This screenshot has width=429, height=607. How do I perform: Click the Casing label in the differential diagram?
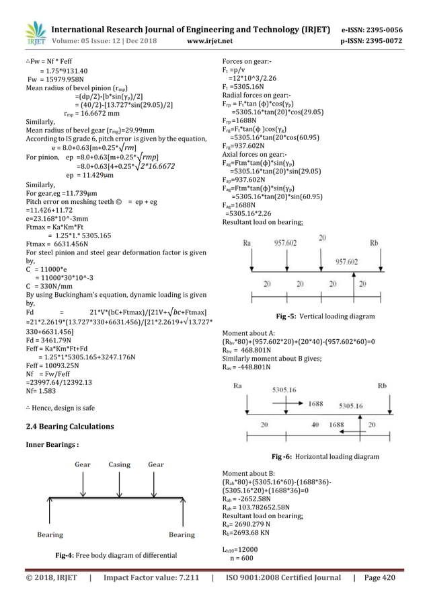click(x=119, y=464)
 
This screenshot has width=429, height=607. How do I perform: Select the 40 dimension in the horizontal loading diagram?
click(x=315, y=425)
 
